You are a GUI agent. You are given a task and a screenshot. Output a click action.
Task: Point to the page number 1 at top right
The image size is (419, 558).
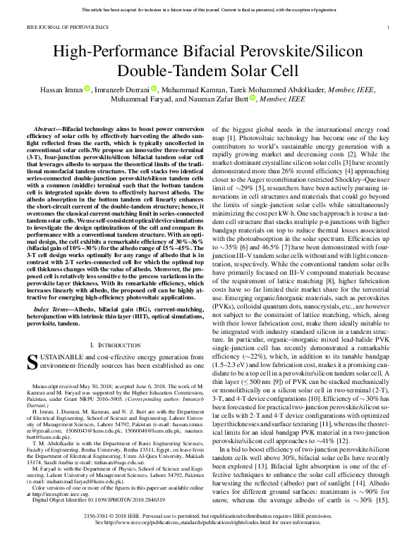pos(389,26)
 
